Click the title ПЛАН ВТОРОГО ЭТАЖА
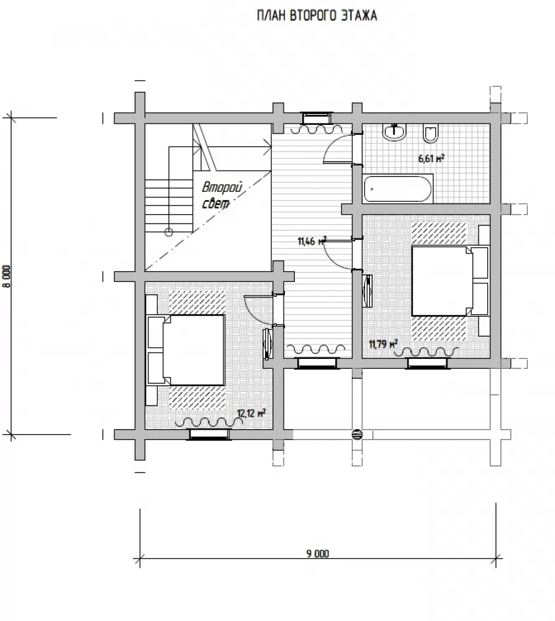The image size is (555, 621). tap(317, 16)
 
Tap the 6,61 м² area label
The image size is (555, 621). tap(431, 158)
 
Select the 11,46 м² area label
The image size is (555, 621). tap(312, 240)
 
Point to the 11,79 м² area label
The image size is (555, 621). tap(383, 344)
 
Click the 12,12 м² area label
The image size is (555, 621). tap(251, 414)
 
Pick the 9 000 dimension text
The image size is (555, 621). tap(317, 553)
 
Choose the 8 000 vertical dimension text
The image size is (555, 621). tap(7, 276)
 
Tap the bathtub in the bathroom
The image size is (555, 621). tap(398, 189)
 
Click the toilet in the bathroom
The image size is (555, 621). tap(430, 134)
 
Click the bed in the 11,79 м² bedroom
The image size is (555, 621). tap(450, 281)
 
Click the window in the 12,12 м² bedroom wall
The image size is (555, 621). tap(209, 435)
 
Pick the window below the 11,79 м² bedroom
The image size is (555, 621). tap(428, 363)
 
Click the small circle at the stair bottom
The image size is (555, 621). tap(169, 232)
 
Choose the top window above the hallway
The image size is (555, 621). tap(317, 118)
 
